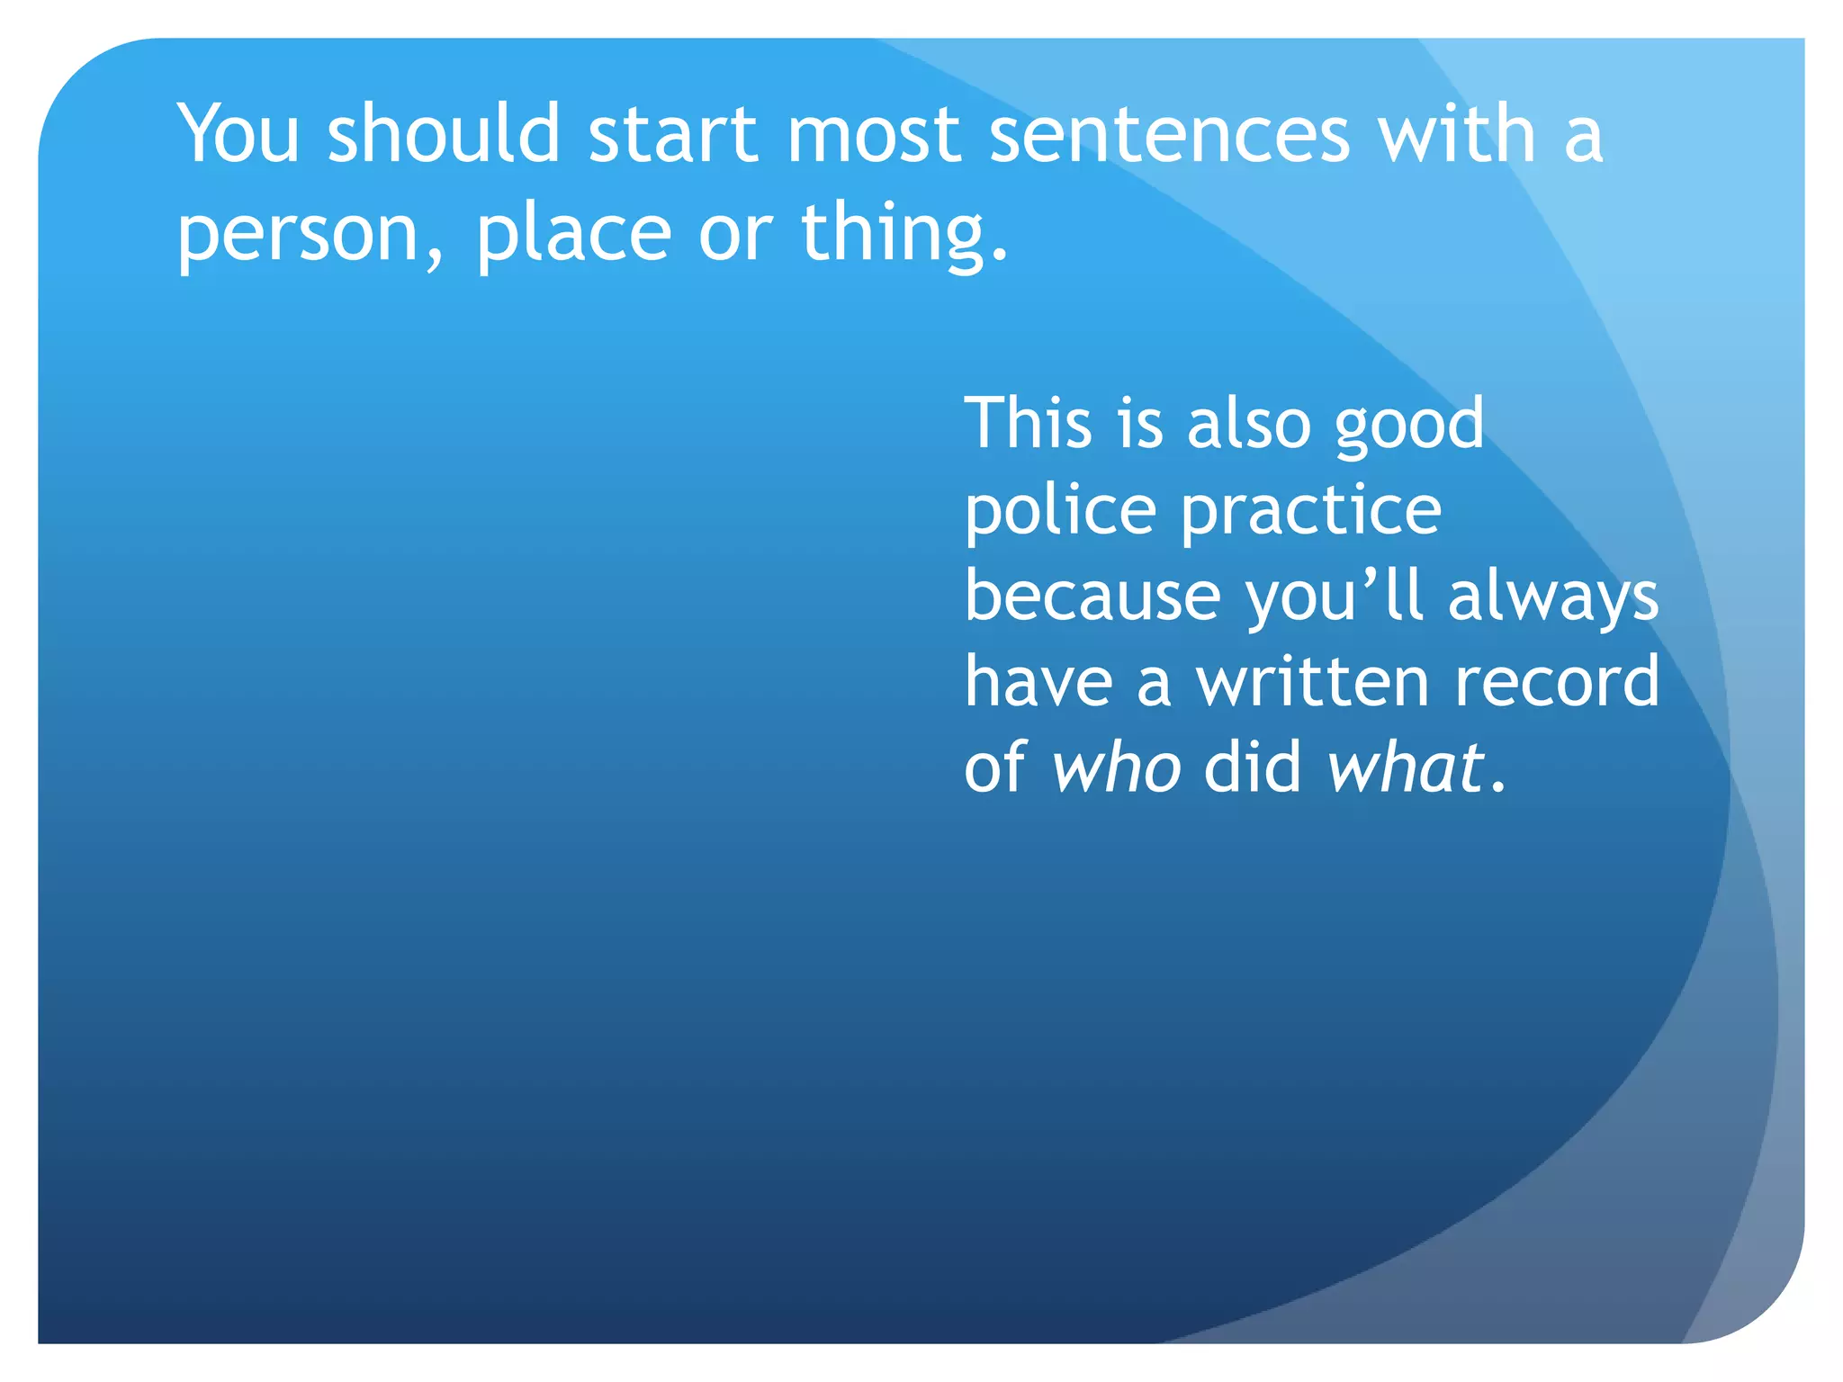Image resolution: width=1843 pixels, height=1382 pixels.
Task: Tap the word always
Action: click(1553, 597)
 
